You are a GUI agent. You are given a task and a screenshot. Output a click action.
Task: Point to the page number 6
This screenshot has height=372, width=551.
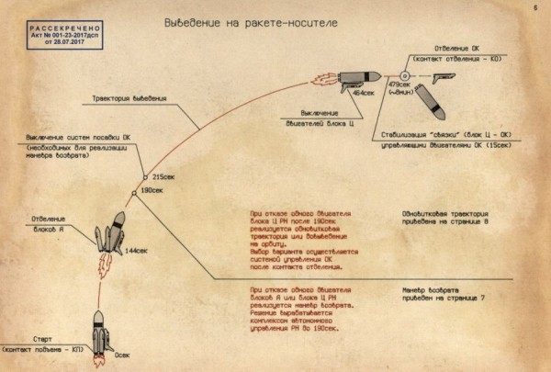pyautogui.click(x=533, y=10)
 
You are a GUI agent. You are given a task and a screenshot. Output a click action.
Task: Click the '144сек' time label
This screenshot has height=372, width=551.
pyautogui.click(x=137, y=250)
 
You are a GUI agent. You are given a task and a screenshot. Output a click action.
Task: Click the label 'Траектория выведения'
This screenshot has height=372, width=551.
pyautogui.click(x=129, y=99)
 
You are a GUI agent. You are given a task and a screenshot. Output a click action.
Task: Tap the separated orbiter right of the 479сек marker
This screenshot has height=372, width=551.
pyautogui.click(x=446, y=74)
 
